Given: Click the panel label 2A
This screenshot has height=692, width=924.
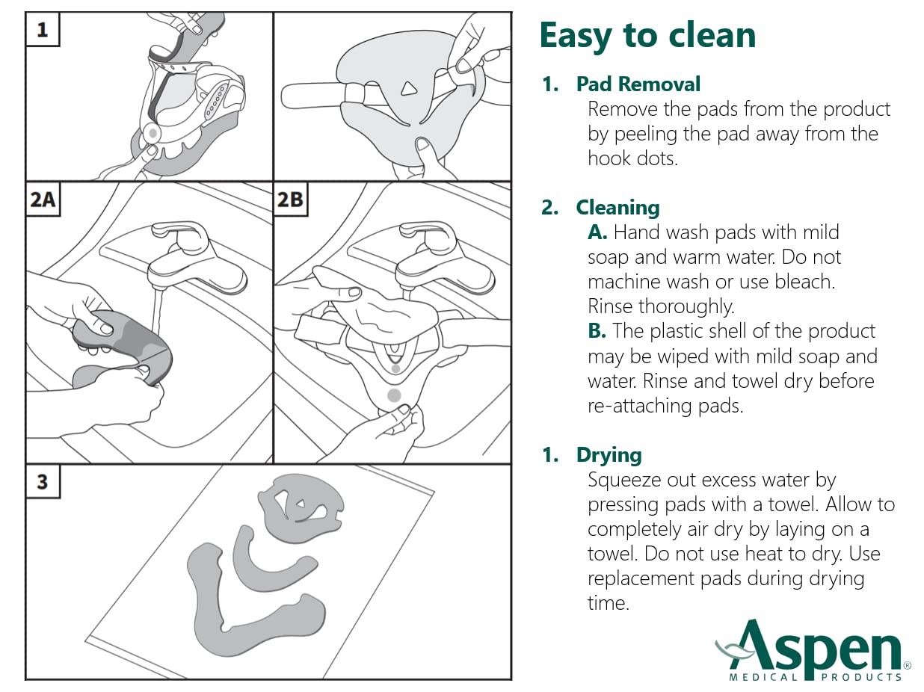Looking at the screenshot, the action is pyautogui.click(x=43, y=199).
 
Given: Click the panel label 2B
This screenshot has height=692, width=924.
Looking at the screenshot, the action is pyautogui.click(x=291, y=199).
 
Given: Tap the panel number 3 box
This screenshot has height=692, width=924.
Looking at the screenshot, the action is pyautogui.click(x=43, y=482).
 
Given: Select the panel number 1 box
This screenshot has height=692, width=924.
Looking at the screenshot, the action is pyautogui.click(x=43, y=29).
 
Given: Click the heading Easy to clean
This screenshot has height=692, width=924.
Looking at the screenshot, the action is pyautogui.click(x=647, y=36).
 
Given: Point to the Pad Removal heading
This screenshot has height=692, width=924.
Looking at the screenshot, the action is pyautogui.click(x=638, y=84).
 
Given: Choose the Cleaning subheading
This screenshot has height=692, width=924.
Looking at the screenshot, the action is pyautogui.click(x=617, y=208).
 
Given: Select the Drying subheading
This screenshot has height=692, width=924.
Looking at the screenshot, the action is pyautogui.click(x=609, y=455).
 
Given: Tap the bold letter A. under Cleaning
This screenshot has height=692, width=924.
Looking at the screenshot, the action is pyautogui.click(x=597, y=232).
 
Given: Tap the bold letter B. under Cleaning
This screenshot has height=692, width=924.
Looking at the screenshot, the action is pyautogui.click(x=597, y=331).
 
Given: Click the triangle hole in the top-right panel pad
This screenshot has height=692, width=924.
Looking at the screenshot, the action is pyautogui.click(x=408, y=89).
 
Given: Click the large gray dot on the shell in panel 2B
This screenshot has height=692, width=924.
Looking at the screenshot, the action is pyautogui.click(x=394, y=395).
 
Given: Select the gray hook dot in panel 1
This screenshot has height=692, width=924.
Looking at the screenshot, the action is pyautogui.click(x=153, y=133).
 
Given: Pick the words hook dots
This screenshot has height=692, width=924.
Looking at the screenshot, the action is pyautogui.click(x=632, y=158).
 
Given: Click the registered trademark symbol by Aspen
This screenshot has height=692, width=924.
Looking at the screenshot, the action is pyautogui.click(x=907, y=666).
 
